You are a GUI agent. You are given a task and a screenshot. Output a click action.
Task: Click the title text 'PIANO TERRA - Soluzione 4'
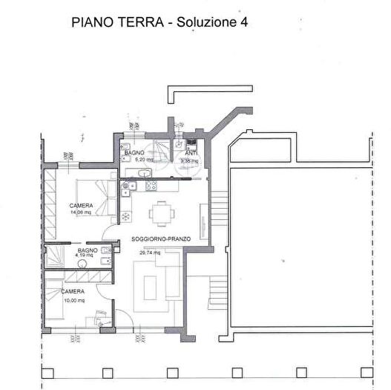click(x=159, y=22)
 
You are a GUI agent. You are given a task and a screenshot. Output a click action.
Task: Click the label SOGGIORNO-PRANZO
click(x=161, y=238)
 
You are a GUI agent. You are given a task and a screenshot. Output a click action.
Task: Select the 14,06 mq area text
click(x=80, y=212)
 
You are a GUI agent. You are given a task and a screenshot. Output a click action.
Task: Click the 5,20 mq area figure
click(x=139, y=159)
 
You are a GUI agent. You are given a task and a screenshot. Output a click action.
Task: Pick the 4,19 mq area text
click(x=87, y=257)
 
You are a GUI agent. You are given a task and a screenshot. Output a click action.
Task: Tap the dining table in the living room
click(x=161, y=212)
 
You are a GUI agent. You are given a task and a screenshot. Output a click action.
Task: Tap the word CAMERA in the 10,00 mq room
click(x=73, y=293)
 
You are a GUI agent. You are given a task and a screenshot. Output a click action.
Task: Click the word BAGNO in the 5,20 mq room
click(x=134, y=152)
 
